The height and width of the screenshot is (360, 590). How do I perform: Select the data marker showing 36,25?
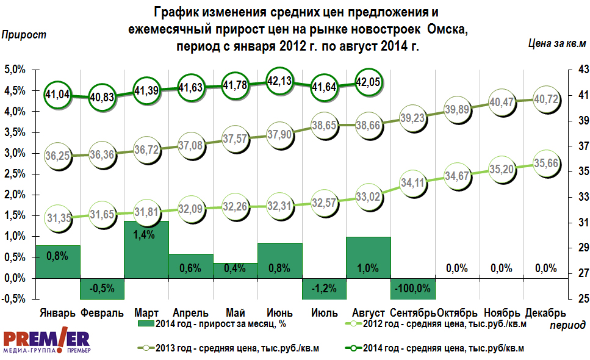pos(58,156)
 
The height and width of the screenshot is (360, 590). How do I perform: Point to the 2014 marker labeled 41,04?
pos(58,95)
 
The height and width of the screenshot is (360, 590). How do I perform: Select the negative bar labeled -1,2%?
pos(323,288)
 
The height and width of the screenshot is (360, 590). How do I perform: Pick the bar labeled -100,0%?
pos(412,288)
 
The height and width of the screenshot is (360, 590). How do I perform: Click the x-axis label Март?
pos(146,312)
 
